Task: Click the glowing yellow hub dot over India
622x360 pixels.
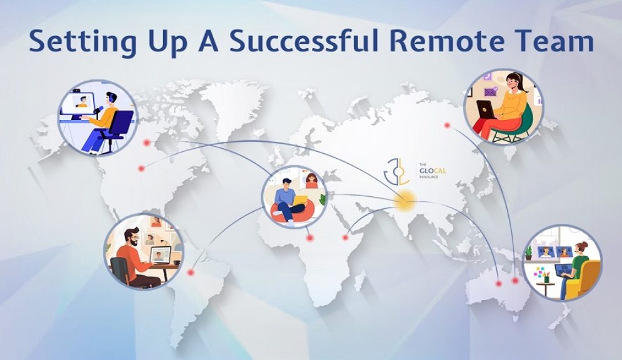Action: pos(404,200)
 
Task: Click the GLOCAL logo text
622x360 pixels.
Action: pos(429,171)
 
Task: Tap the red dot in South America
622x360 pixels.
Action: pos(192,272)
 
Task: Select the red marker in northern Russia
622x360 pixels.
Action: pos(447,125)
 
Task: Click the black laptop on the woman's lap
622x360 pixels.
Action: pos(486,111)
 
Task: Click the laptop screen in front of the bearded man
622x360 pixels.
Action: pos(161,255)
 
